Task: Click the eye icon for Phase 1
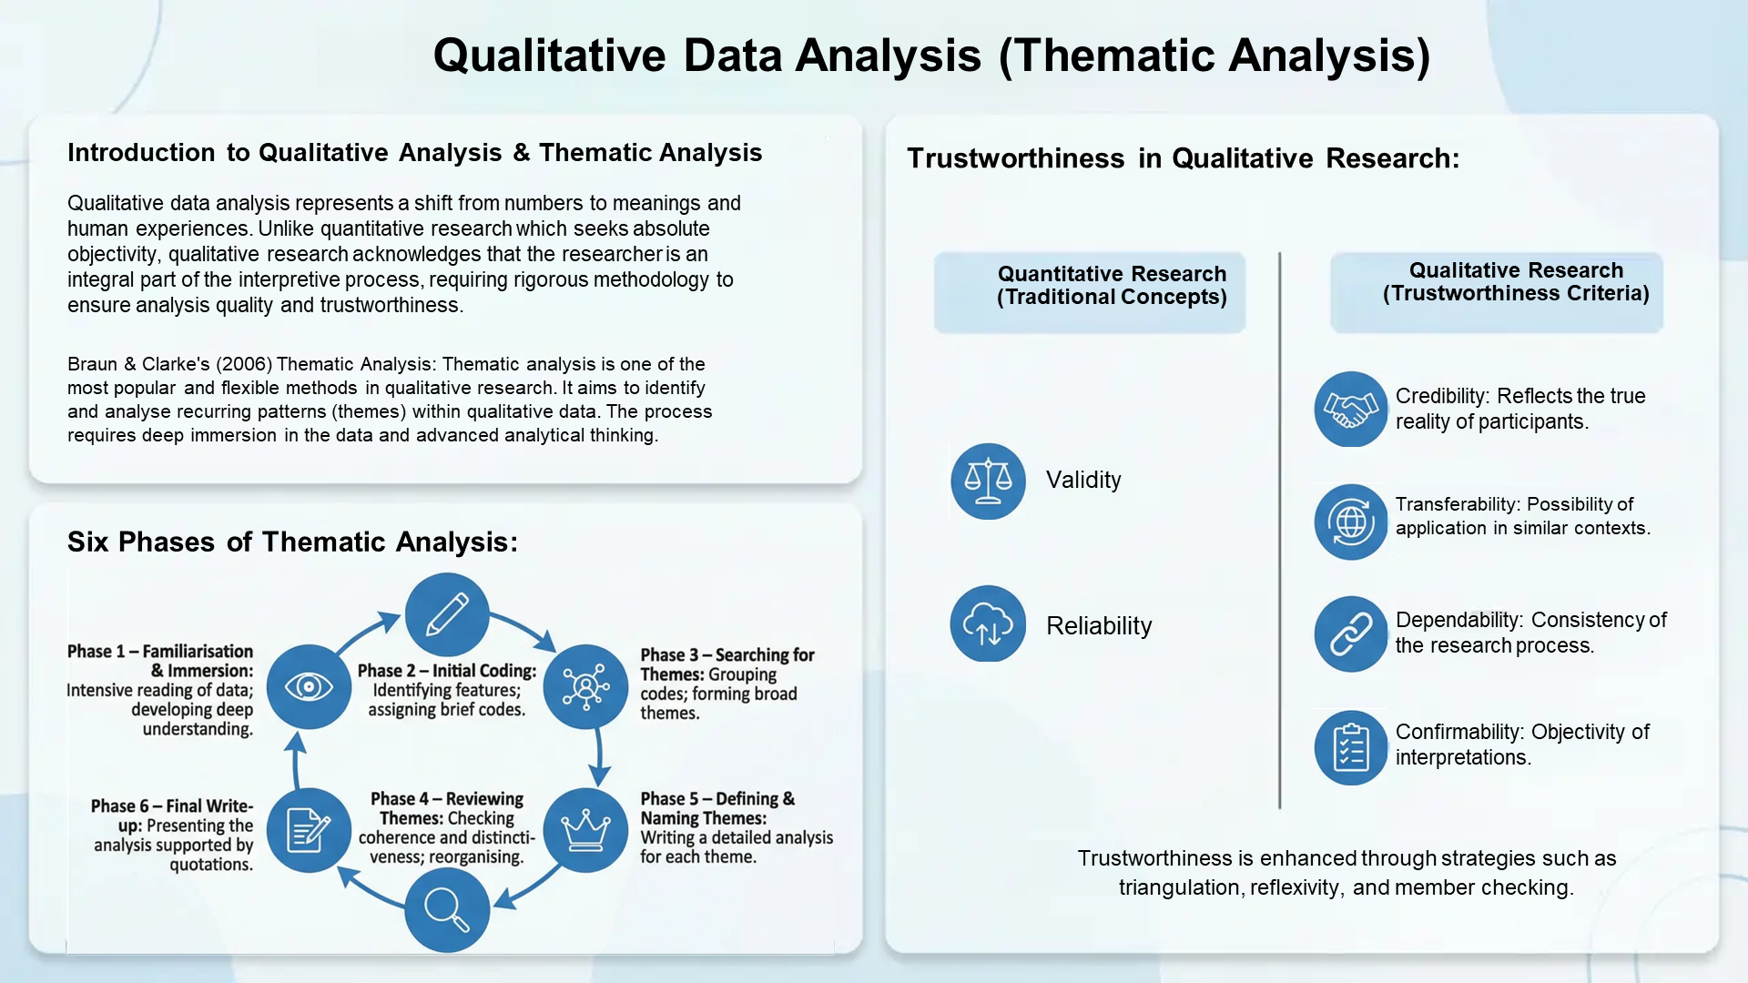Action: pos(309,686)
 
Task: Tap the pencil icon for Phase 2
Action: pos(447,614)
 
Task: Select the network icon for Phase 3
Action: pos(585,686)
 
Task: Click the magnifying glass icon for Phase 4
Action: pos(447,909)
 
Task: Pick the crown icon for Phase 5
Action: pos(585,830)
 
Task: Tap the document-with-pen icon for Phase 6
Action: pos(309,830)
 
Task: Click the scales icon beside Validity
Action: pos(988,481)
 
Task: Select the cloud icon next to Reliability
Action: pos(988,624)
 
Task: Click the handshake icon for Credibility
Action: pos(1351,409)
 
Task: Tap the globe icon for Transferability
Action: pos(1351,522)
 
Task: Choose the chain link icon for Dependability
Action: pos(1351,633)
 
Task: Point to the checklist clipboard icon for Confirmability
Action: pos(1351,747)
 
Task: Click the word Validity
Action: pos(1083,480)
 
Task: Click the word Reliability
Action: pos(1099,625)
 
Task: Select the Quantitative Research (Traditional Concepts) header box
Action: pos(1090,291)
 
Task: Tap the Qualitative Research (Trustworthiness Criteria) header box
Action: pos(1497,291)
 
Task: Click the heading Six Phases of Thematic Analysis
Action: pos(292,542)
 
